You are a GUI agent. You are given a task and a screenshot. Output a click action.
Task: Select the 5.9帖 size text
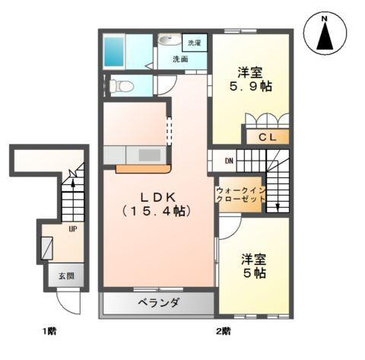251,87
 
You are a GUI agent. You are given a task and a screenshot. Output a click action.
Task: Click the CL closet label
266,138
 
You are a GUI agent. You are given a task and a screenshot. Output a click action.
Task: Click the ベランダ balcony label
158,303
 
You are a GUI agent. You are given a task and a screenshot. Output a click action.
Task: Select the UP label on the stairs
73,228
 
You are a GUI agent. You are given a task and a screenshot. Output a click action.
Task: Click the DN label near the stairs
229,161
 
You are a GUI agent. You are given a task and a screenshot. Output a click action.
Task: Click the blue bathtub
114,50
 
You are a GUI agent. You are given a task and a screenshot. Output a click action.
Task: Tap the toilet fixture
119,87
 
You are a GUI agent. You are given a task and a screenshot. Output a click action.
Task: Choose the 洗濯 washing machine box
195,43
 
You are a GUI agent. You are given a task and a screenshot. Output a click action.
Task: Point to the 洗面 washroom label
181,59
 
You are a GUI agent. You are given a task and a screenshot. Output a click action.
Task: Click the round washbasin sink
168,41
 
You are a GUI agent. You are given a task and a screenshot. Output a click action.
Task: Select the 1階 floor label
49,331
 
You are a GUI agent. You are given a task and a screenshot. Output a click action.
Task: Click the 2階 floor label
224,331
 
